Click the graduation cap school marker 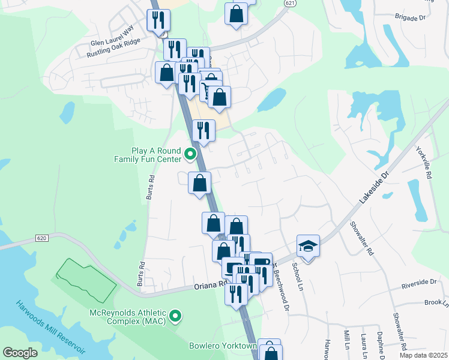tap(308, 246)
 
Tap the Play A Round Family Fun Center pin tap(191, 154)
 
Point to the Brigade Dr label tap(411, 18)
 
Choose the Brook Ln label tap(433, 303)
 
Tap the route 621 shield tap(291, 3)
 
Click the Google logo tap(20, 353)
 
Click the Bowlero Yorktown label tap(223, 346)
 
